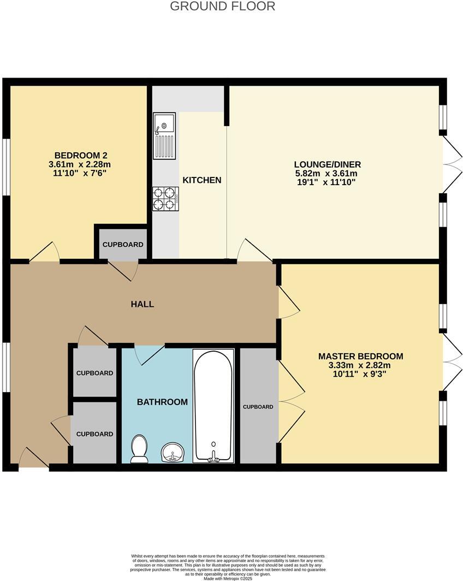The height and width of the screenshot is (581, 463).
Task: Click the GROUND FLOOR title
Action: (x=222, y=7)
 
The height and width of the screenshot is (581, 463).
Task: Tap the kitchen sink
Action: (x=164, y=135)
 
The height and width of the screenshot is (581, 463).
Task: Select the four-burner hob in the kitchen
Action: (x=166, y=198)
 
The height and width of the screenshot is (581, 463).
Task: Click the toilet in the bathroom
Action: (x=140, y=449)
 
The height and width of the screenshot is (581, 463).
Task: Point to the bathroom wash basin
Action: (x=173, y=453)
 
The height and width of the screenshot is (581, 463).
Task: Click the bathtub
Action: (x=214, y=406)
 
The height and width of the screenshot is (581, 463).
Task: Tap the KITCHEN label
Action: (x=201, y=180)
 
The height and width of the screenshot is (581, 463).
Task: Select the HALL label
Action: (x=143, y=304)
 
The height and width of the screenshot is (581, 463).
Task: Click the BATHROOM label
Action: (x=162, y=402)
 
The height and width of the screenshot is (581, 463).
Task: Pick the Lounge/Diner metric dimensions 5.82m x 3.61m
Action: (x=327, y=173)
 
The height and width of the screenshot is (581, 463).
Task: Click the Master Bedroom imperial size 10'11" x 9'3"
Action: (x=361, y=374)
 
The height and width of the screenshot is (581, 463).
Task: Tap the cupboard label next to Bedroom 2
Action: (x=123, y=244)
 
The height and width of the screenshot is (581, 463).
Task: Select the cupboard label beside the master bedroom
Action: (x=258, y=407)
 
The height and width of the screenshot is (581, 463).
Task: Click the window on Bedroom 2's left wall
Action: (x=6, y=167)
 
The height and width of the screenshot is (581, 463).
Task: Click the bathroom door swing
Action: (x=147, y=355)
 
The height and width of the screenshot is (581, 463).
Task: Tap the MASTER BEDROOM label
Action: (x=361, y=356)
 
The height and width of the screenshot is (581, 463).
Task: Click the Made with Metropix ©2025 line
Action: (x=231, y=578)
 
